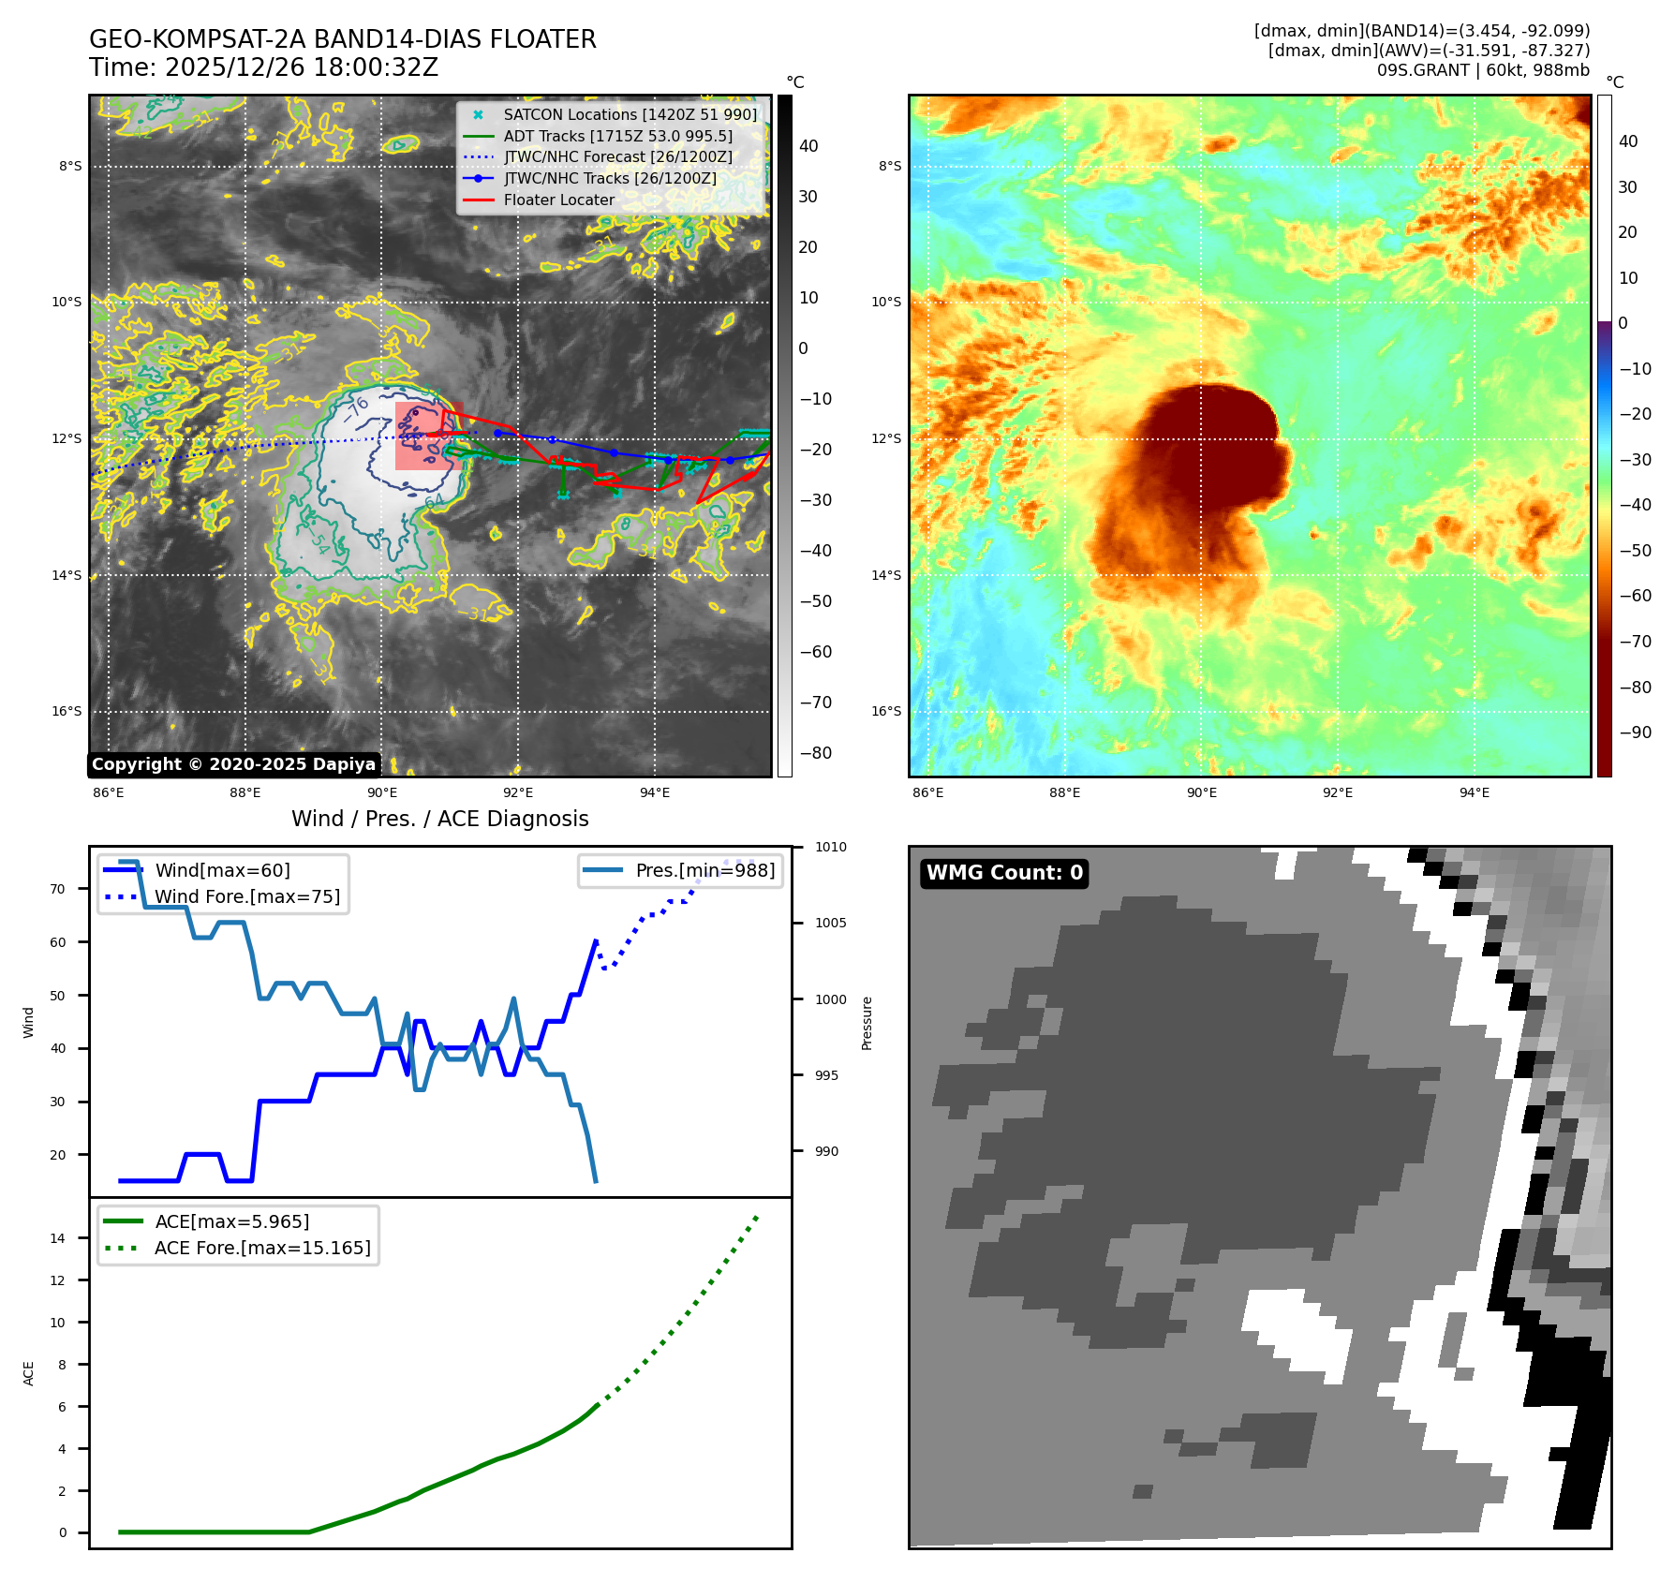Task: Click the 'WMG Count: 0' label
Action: (x=1004, y=873)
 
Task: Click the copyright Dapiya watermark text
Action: (x=233, y=764)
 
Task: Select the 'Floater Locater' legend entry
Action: (x=558, y=200)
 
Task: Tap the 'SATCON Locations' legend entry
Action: (x=630, y=114)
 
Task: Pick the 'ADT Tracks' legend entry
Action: (x=617, y=136)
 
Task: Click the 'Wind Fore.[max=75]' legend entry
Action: (x=247, y=896)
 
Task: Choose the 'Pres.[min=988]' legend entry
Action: (x=704, y=870)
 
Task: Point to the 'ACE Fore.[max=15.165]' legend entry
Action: (x=262, y=1248)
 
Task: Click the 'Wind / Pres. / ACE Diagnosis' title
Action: (x=440, y=819)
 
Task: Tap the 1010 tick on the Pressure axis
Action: (x=830, y=847)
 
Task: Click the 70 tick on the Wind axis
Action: (x=58, y=889)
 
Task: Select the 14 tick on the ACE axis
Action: (x=58, y=1238)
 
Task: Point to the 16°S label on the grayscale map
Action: (x=67, y=711)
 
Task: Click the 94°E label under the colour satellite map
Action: (x=1474, y=792)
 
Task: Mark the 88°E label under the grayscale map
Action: (x=245, y=792)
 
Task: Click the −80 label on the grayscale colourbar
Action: (x=815, y=753)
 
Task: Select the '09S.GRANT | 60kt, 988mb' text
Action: (x=1483, y=70)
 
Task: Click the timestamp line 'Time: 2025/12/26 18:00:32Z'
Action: (x=263, y=67)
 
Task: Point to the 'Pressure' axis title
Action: (x=867, y=1023)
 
